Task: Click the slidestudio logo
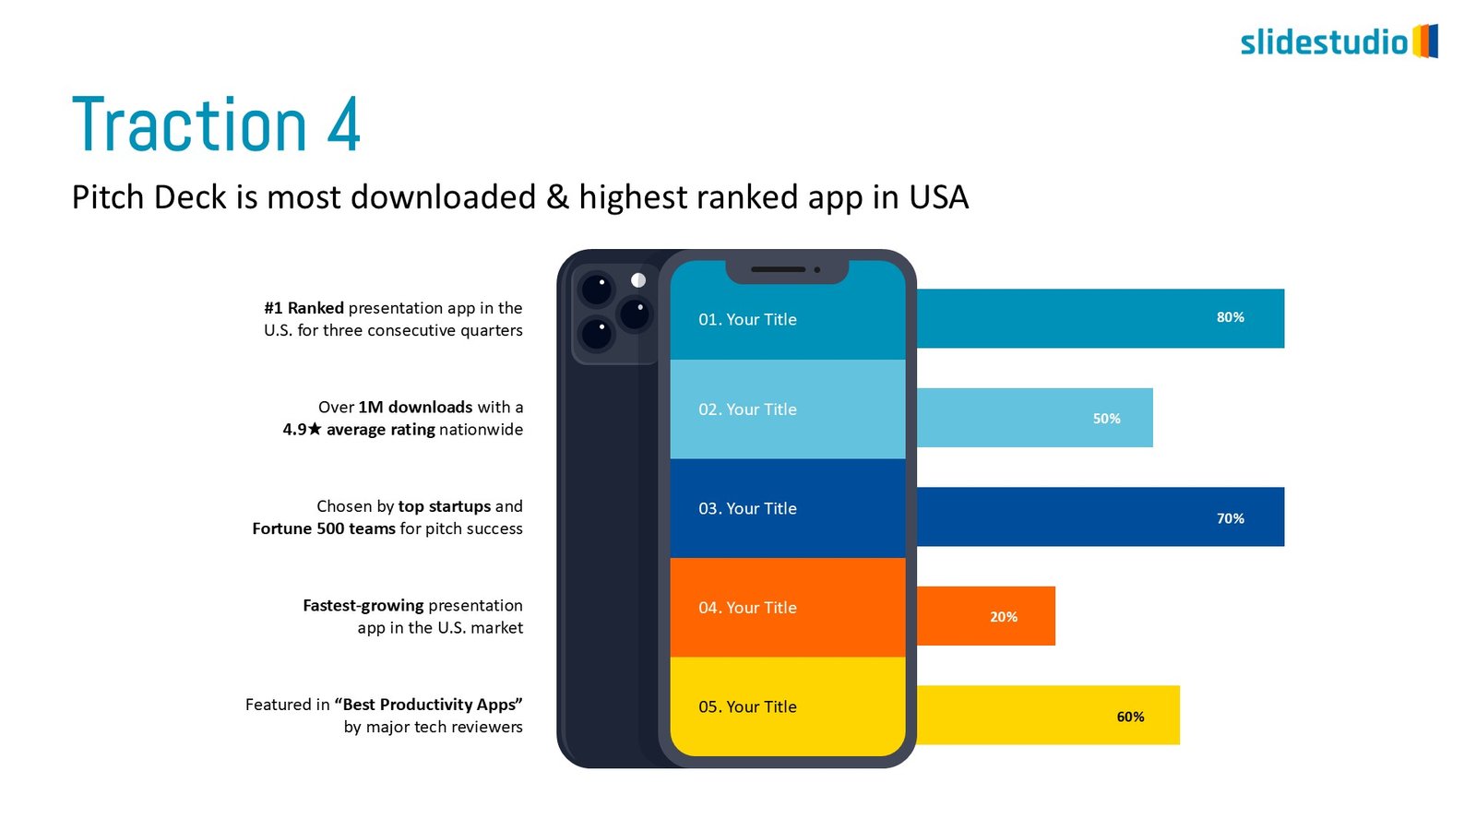1338,41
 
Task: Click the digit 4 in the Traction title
343,125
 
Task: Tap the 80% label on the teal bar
1230,317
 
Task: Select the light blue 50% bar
1033,418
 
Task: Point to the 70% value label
1230,518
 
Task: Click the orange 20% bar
985,616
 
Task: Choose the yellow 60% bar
1047,715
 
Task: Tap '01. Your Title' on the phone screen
747,319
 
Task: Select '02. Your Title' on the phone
747,409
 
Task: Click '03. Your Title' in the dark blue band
747,508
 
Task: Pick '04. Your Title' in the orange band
747,608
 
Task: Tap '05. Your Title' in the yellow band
747,706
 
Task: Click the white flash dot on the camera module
638,280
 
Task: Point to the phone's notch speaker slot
778,269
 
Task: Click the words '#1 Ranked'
304,308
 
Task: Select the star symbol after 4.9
315,429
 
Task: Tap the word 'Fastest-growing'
363,605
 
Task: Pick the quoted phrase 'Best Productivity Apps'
429,705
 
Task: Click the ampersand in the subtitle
557,197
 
